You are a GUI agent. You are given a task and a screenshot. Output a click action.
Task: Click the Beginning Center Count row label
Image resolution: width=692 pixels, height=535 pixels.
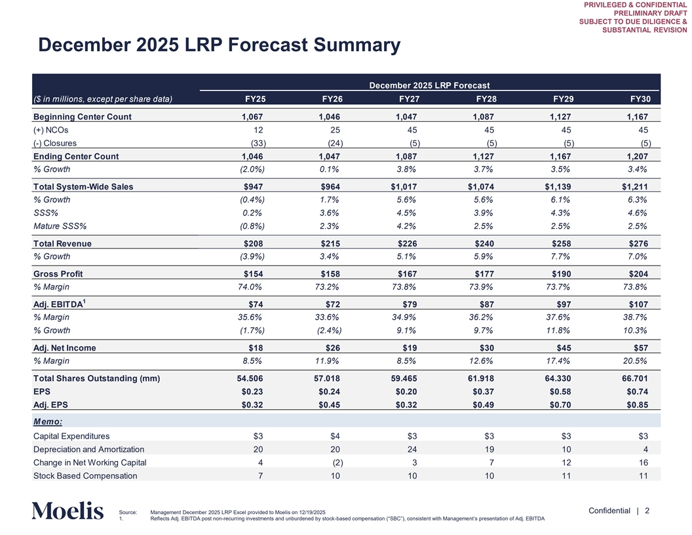pyautogui.click(x=83, y=117)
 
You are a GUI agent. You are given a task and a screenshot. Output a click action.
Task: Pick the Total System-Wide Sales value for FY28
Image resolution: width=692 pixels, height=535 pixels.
pyautogui.click(x=481, y=187)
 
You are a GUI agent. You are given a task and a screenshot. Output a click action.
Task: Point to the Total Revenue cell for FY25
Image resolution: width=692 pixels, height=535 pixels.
pyautogui.click(x=254, y=244)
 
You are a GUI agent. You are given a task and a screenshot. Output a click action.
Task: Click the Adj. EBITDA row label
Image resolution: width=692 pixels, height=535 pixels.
pyautogui.click(x=58, y=304)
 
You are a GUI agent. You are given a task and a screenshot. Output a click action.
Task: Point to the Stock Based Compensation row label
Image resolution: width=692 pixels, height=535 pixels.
pyautogui.click(x=85, y=475)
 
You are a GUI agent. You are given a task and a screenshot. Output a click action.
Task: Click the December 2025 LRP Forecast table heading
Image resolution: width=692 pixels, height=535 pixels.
pyautogui.click(x=430, y=85)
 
